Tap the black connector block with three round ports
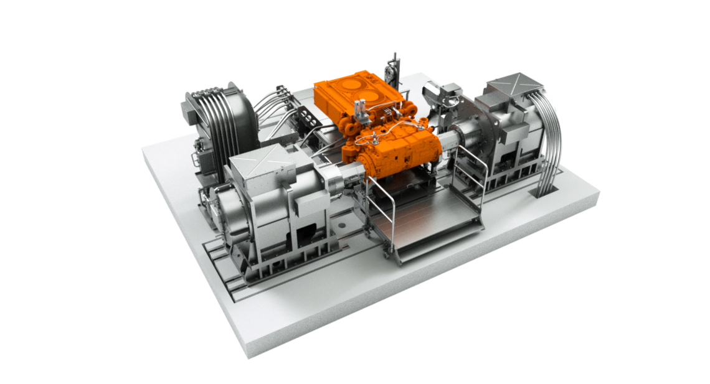(x=310, y=116)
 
